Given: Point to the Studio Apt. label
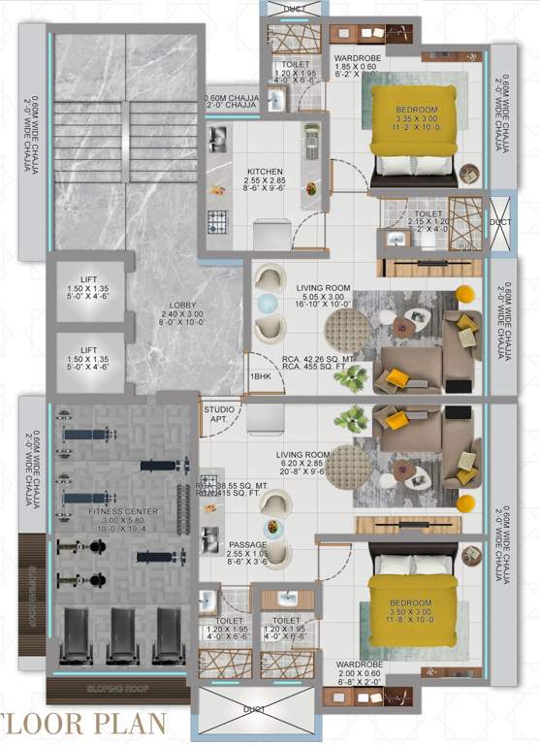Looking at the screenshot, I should coord(218,415).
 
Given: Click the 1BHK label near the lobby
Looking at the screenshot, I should coord(259,375).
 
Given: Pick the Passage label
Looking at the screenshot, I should coord(247,545).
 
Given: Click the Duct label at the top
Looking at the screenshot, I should coord(292,8).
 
